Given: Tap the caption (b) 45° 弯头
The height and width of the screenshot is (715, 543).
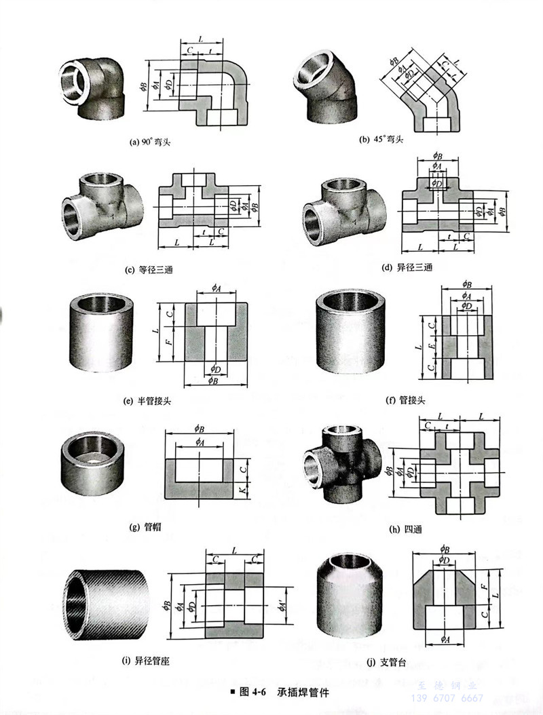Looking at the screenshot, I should tap(381, 139).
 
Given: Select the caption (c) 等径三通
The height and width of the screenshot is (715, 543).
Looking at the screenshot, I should tap(149, 270).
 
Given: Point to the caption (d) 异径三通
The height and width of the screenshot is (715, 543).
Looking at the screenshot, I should tap(407, 268).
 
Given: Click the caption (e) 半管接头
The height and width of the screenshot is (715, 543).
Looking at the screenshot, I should tap(147, 400).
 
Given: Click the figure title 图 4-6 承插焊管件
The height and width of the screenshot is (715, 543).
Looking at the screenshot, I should tap(283, 693).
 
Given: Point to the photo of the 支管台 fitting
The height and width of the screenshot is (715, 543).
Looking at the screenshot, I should tap(350, 593).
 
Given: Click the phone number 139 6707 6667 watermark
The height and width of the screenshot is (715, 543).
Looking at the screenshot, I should tap(447, 698).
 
